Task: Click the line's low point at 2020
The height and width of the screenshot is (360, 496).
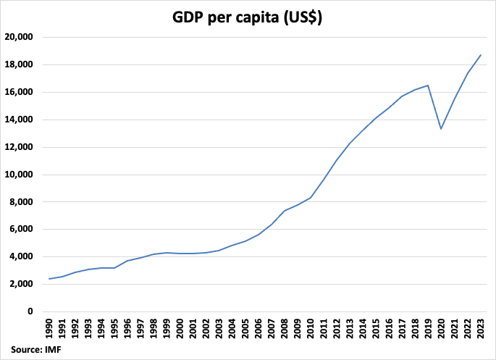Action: coord(441,129)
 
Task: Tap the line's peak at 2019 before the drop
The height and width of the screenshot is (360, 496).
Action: coord(428,85)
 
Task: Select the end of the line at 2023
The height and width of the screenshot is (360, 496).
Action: coord(481,55)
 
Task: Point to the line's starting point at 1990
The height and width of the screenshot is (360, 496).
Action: coord(49,279)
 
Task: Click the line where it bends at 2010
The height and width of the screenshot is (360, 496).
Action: coord(311,198)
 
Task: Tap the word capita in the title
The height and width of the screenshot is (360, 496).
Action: coord(266,18)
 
